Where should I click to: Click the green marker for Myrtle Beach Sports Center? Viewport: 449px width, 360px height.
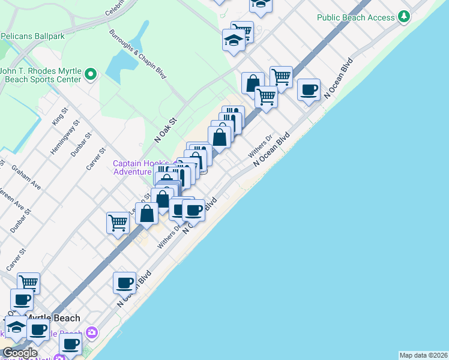tap(91, 74)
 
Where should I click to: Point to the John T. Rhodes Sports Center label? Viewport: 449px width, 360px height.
tap(41, 75)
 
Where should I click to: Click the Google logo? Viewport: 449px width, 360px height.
tap(20, 353)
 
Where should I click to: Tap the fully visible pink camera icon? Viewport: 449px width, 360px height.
tap(91, 332)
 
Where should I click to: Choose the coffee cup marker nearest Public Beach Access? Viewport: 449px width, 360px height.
tap(309, 90)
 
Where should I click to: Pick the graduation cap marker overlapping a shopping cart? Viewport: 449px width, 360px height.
tap(234, 40)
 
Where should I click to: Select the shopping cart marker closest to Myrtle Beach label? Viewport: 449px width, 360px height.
tap(28, 282)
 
